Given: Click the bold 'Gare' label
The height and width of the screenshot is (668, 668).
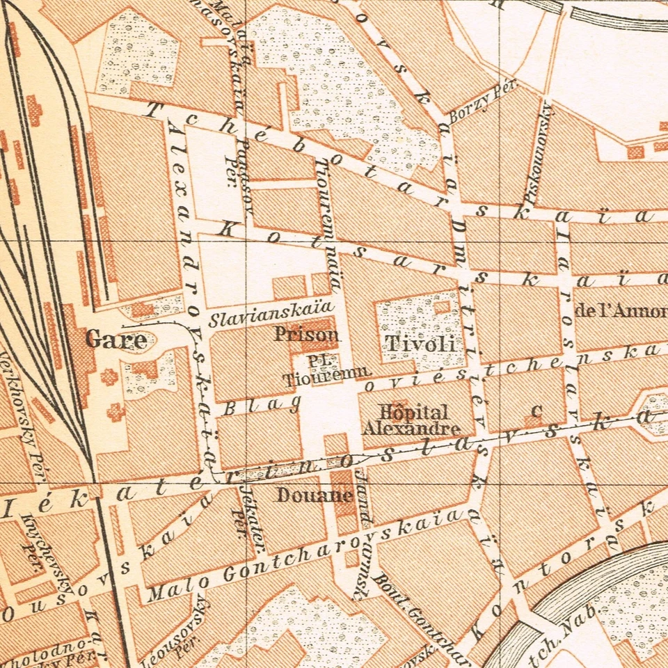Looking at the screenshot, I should (116, 340).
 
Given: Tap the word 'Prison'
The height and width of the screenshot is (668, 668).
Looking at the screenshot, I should (306, 335).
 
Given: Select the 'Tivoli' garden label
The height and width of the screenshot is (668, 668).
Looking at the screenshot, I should (420, 343).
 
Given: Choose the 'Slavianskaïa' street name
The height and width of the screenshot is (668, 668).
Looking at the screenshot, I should (268, 315).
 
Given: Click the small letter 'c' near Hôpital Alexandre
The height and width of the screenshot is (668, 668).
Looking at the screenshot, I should (535, 411).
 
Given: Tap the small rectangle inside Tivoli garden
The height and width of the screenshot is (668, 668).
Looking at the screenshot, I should (442, 307).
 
